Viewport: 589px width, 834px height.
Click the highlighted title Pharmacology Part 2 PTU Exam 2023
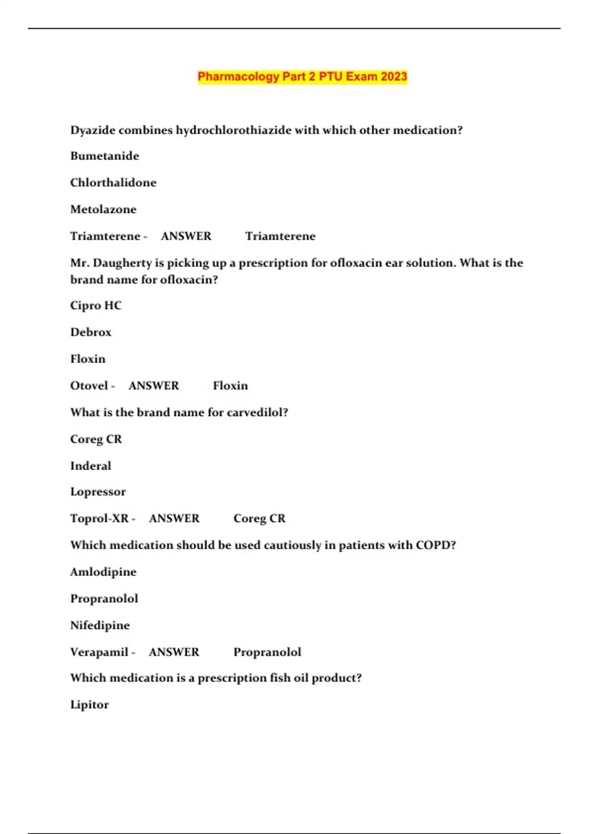click(x=302, y=77)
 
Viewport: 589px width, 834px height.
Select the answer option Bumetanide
click(x=105, y=156)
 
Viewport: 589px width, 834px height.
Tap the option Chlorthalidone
click(x=113, y=182)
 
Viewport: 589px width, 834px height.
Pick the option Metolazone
click(x=103, y=209)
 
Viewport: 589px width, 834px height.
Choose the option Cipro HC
click(x=96, y=306)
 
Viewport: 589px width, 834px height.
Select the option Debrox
click(x=91, y=332)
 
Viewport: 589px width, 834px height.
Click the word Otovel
click(x=89, y=386)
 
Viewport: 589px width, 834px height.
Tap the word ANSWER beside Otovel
click(x=154, y=386)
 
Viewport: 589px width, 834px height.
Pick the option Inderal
click(x=91, y=466)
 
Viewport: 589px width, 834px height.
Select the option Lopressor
click(x=98, y=492)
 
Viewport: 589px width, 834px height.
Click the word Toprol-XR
click(x=99, y=519)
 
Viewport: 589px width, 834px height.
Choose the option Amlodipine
click(x=103, y=572)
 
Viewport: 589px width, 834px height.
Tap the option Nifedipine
click(x=100, y=625)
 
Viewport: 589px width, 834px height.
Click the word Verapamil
click(x=99, y=652)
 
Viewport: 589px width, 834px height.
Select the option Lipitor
click(x=89, y=704)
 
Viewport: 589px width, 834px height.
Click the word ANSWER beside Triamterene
click(x=186, y=236)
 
